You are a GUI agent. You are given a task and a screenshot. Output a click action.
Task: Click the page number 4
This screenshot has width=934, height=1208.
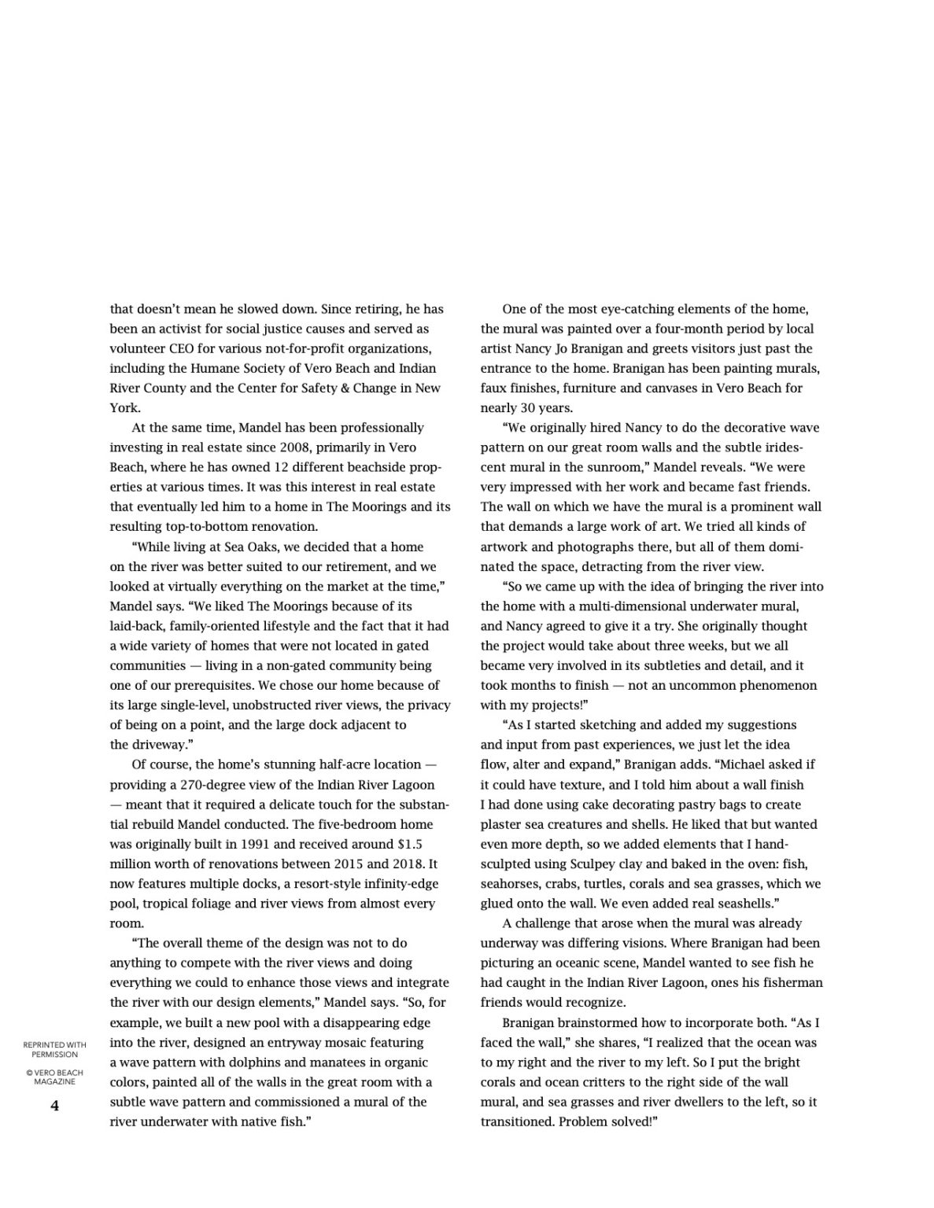[x=54, y=1106]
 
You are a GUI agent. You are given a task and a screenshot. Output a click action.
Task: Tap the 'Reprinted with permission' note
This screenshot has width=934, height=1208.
[x=54, y=1049]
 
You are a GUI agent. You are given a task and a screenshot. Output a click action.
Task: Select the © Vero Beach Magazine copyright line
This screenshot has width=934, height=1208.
[x=54, y=1077]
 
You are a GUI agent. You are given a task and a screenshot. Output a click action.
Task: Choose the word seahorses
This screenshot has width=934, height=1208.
[x=510, y=883]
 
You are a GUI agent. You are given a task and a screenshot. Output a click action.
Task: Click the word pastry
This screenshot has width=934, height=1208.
[x=692, y=804]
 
